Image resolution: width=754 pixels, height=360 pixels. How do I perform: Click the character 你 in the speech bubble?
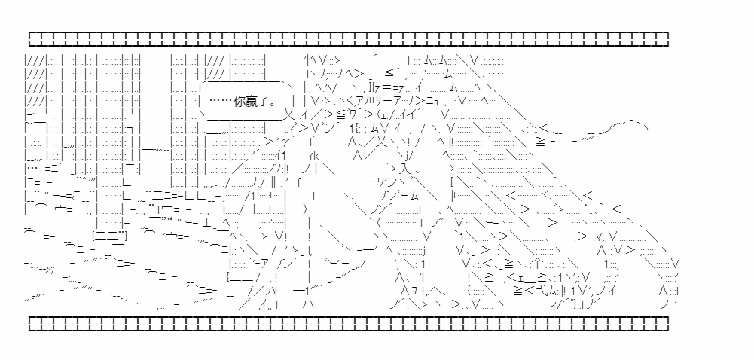click(x=239, y=102)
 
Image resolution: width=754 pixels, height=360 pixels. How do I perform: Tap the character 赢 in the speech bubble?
click(x=252, y=102)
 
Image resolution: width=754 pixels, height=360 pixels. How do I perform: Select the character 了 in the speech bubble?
click(x=264, y=102)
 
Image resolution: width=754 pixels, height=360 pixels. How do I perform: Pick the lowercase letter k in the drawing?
click(x=315, y=156)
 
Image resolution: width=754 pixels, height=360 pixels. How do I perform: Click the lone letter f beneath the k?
click(x=298, y=182)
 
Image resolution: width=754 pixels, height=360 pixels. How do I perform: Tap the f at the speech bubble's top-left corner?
click(x=200, y=88)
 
